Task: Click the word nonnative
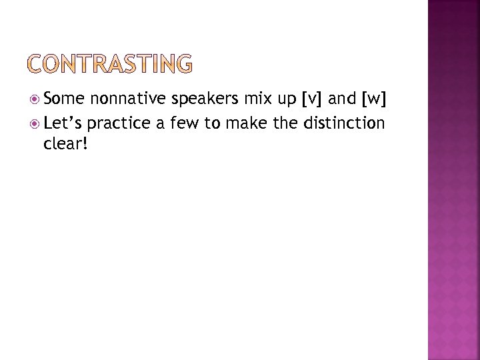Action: click(x=127, y=99)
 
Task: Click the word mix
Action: click(x=254, y=99)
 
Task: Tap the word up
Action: click(x=285, y=101)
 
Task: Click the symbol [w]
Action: click(x=374, y=100)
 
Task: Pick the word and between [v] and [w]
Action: click(x=343, y=99)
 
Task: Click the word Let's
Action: click(x=63, y=123)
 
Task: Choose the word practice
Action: click(x=118, y=123)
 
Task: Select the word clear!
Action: click(x=64, y=143)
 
